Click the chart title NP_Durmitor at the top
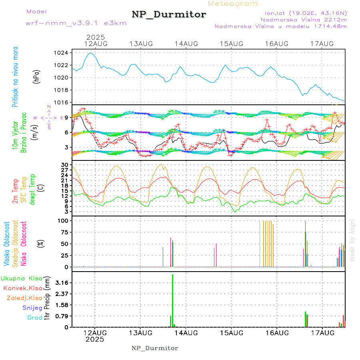tap(169, 15)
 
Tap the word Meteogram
tap(233, 4)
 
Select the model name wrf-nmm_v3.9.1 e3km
tap(76, 23)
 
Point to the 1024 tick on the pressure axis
tap(61, 53)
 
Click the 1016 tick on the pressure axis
tap(61, 102)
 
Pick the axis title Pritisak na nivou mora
tap(15, 77)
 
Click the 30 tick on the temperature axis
tap(64, 164)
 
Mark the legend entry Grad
tap(35, 318)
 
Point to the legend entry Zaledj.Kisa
tap(24, 298)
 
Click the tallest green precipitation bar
tap(172, 300)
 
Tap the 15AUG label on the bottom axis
tap(232, 332)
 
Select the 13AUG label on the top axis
tap(141, 43)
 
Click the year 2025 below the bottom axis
tap(95, 339)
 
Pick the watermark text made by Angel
tap(352, 240)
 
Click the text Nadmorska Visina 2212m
tap(304, 19)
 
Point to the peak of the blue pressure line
tap(91, 53)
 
